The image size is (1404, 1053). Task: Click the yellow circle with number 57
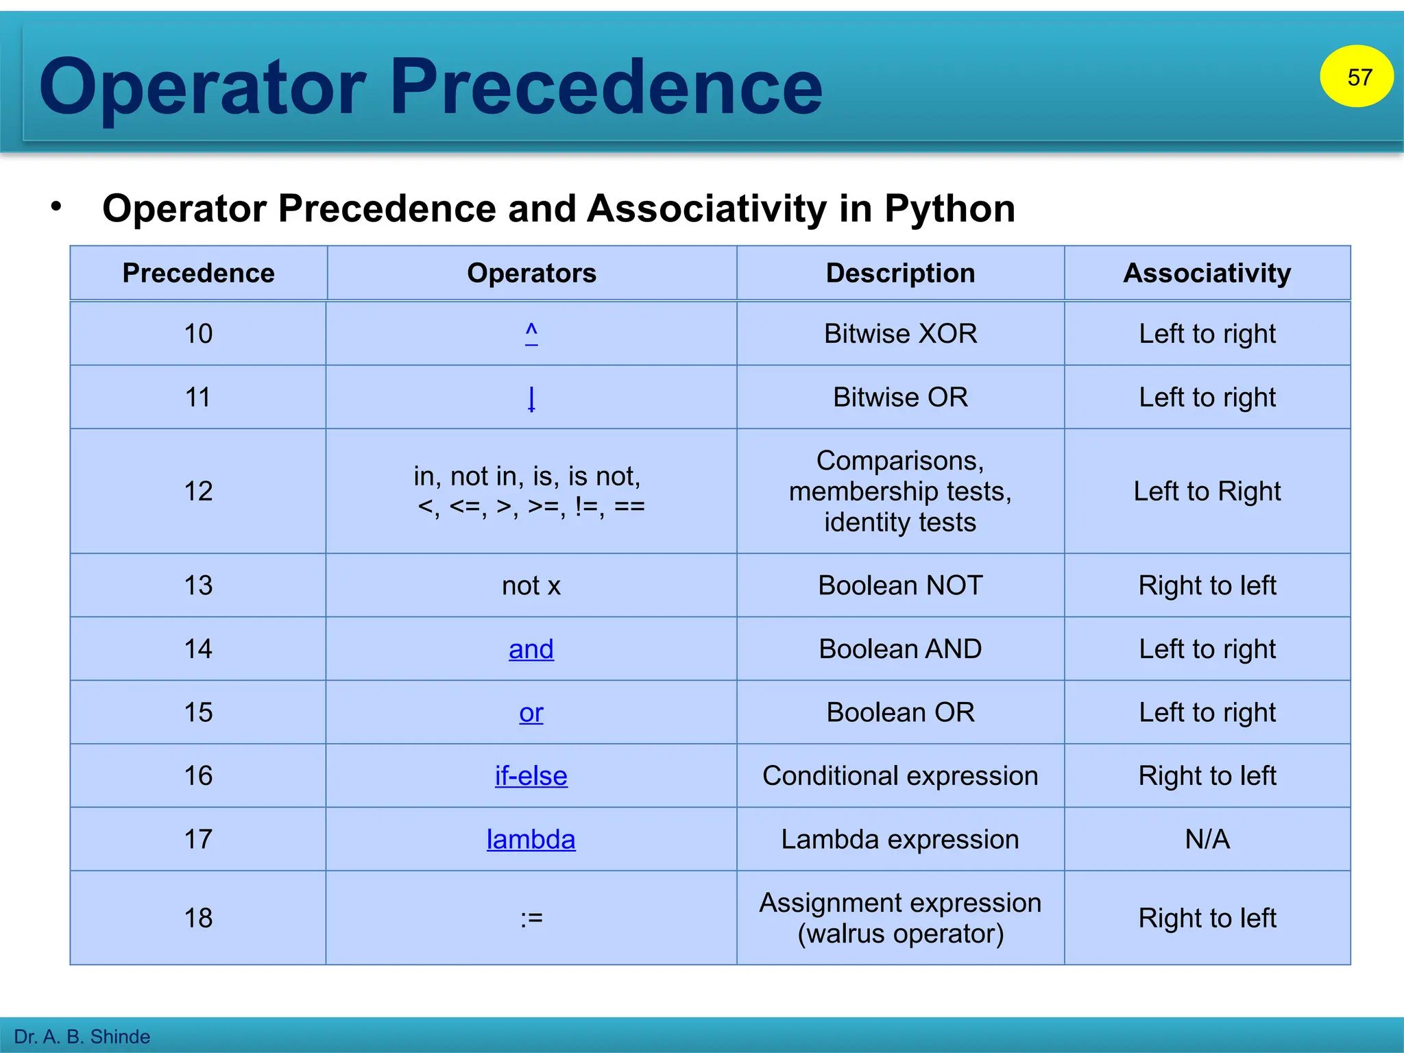pyautogui.click(x=1356, y=76)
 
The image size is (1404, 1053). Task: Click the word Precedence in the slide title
pyautogui.click(x=606, y=87)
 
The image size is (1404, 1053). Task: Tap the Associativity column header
pyautogui.click(x=1207, y=273)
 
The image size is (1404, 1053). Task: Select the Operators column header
pyautogui.click(x=531, y=273)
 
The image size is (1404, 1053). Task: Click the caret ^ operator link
pyautogui.click(x=531, y=333)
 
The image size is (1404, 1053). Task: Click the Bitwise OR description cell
pyautogui.click(x=900, y=397)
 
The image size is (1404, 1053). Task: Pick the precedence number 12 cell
pyautogui.click(x=198, y=491)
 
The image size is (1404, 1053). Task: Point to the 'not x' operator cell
pyautogui.click(x=531, y=585)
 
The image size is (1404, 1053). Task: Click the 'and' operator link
pyautogui.click(x=531, y=649)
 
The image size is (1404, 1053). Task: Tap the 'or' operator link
pyautogui.click(x=531, y=712)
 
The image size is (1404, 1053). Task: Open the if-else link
pyautogui.click(x=531, y=775)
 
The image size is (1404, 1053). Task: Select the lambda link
pyautogui.click(x=531, y=839)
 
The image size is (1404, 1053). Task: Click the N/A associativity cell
pyautogui.click(x=1207, y=839)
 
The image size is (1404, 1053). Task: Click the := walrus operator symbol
pyautogui.click(x=531, y=918)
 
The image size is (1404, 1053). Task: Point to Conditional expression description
pyautogui.click(x=900, y=775)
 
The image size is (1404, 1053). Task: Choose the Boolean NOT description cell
pyautogui.click(x=900, y=585)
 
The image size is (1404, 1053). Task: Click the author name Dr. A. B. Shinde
pyautogui.click(x=82, y=1036)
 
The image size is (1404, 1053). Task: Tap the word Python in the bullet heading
pyautogui.click(x=949, y=208)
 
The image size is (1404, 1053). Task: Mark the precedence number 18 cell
pyautogui.click(x=198, y=918)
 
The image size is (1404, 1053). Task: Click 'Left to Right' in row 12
pyautogui.click(x=1207, y=491)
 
